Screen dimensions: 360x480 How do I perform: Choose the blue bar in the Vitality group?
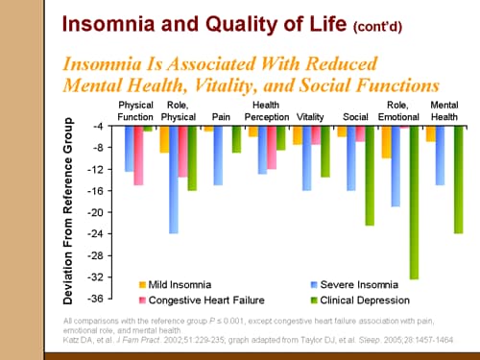click(307, 158)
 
